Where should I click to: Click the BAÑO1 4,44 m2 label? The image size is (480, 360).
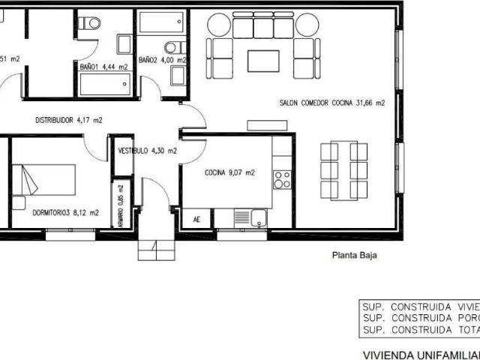103,67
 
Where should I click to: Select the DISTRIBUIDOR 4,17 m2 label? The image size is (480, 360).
69,119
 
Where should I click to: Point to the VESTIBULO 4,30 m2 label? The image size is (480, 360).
148,151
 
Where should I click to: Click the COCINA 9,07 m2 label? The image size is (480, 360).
230,172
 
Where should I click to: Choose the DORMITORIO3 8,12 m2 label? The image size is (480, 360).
66,212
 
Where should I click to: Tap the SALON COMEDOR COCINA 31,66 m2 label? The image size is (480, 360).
331,103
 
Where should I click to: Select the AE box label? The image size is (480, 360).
197,220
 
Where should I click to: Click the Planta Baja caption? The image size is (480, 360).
354,255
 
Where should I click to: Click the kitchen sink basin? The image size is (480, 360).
259,218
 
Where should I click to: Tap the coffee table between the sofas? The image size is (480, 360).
263,60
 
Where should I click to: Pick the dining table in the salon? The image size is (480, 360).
343,170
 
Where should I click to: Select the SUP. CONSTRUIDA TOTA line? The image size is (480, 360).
420,330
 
